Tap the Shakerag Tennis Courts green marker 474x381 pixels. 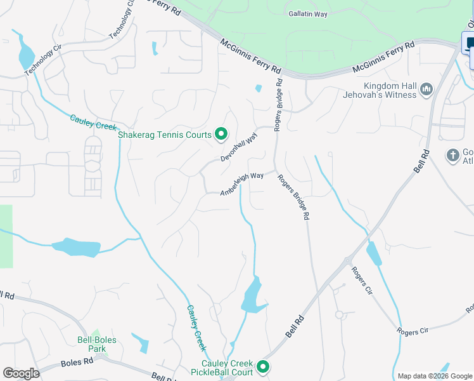[221, 133]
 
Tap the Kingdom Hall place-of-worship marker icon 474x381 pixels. [426, 90]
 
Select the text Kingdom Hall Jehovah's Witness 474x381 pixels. [389, 90]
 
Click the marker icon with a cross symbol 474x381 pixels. [452, 155]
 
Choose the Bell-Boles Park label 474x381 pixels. [96, 344]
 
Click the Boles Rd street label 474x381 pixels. [77, 363]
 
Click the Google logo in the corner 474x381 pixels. [21, 373]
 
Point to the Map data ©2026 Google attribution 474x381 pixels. [434, 376]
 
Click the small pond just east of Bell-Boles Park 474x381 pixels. [141, 344]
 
